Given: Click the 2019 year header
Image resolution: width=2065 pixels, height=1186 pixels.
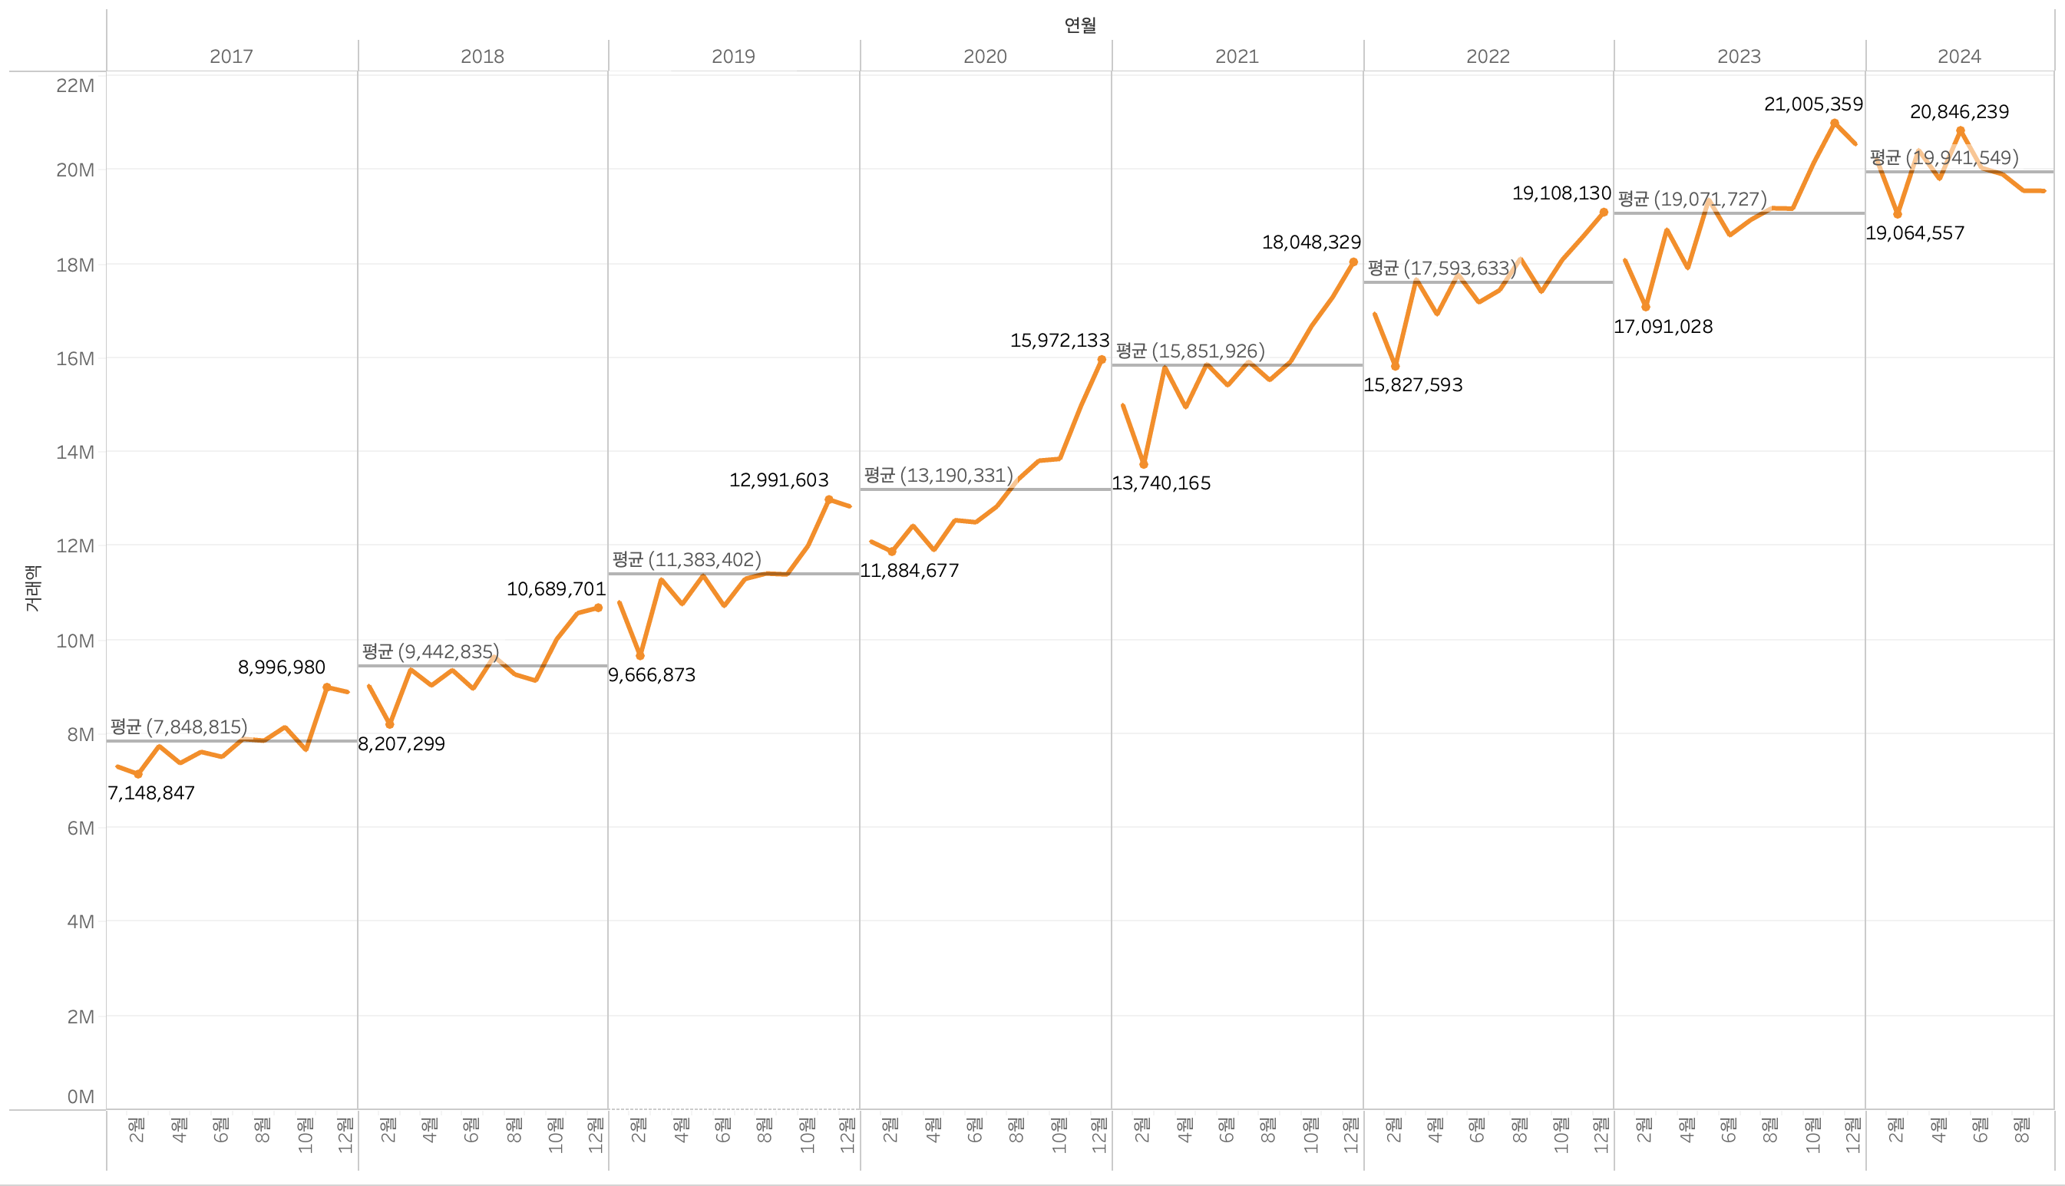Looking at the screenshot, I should point(732,56).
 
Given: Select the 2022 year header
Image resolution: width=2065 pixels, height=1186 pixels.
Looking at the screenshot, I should point(1487,56).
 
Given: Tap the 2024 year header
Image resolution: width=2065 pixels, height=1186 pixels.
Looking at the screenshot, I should point(1958,56).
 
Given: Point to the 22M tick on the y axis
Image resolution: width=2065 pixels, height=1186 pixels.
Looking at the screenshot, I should point(75,85).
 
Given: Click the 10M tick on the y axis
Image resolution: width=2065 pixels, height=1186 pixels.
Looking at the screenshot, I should point(75,641).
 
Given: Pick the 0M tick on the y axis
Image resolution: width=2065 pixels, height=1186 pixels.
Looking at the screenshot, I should point(80,1096).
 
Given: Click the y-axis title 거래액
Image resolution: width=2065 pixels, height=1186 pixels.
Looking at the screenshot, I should point(31,588).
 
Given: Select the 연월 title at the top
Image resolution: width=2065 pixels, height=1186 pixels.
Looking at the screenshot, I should point(1080,25).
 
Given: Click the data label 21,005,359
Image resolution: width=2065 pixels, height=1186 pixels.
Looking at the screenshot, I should point(1812,104).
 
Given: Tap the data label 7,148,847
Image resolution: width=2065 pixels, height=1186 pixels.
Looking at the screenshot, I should point(151,792).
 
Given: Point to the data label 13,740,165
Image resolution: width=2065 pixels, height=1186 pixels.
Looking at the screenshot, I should point(1161,483).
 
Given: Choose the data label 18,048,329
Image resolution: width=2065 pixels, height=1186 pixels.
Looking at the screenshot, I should point(1310,242).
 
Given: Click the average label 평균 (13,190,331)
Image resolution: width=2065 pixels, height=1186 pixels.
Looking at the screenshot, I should point(938,475).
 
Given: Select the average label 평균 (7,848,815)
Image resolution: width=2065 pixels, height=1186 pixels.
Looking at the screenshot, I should point(178,726).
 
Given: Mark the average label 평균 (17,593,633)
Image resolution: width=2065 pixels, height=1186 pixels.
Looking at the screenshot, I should point(1442,268).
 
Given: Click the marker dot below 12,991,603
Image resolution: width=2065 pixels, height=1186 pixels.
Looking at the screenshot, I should point(829,500).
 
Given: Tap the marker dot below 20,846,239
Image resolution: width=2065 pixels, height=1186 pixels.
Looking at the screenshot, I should point(1960,130).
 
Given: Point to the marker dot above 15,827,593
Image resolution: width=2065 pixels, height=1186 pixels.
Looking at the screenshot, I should point(1395,367).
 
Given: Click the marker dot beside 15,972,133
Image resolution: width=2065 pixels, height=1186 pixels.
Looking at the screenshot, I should point(1102,359).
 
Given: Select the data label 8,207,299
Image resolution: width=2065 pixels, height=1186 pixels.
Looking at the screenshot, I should point(401,743).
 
